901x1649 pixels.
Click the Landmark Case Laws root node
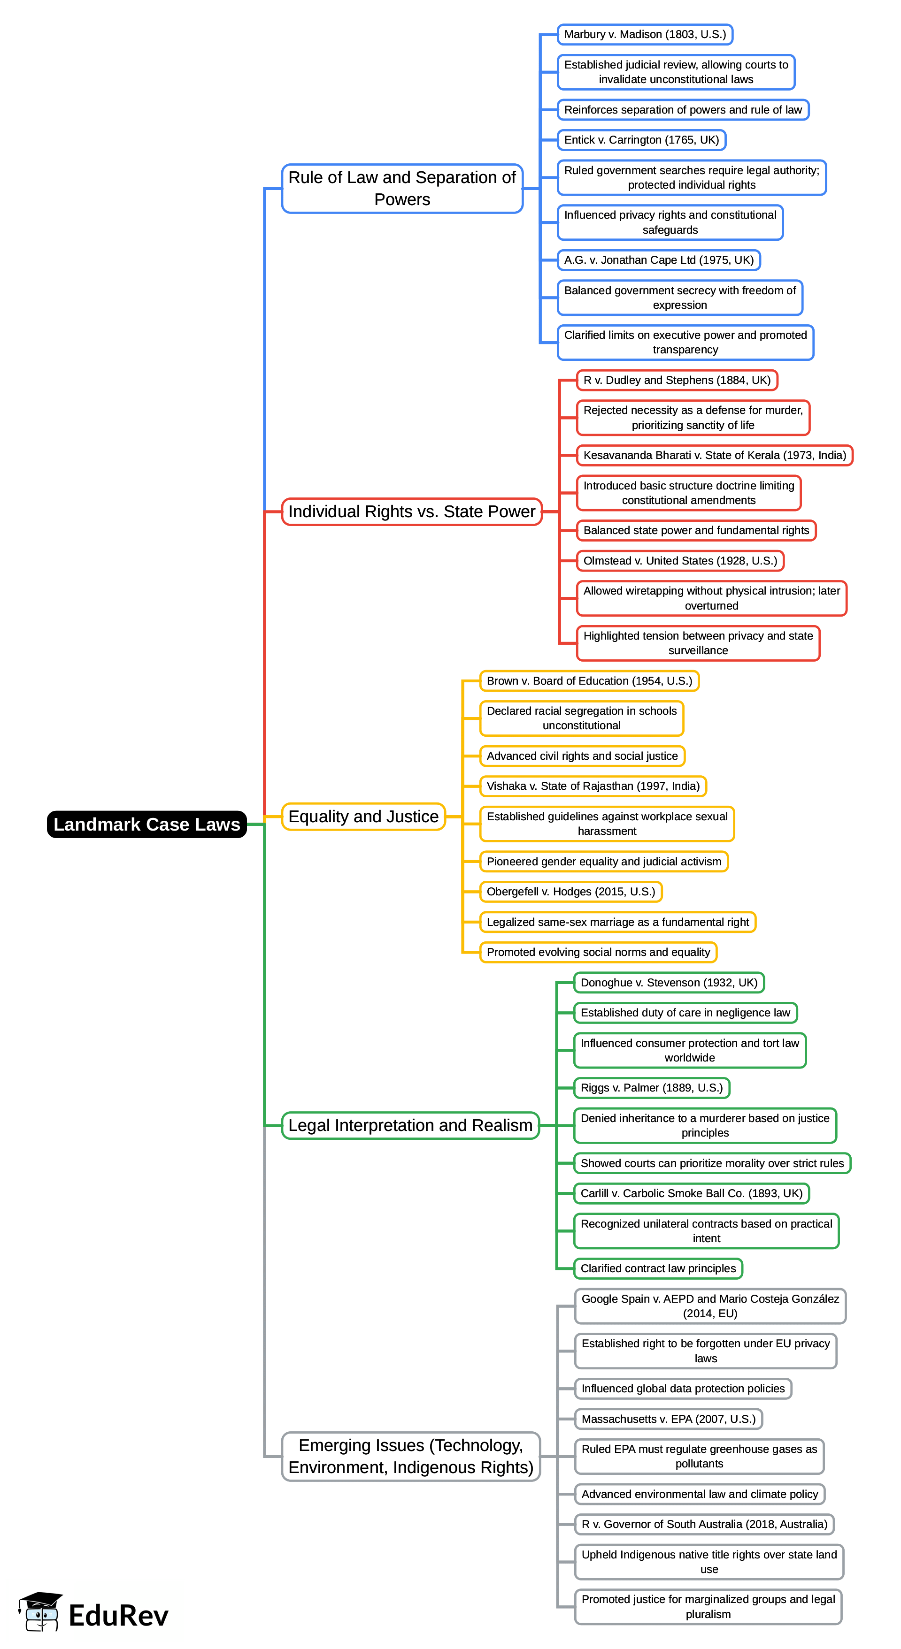click(x=146, y=824)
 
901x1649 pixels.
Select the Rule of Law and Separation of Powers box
click(x=402, y=188)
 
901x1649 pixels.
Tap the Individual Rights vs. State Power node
click(x=412, y=511)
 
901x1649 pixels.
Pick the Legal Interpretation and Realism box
click(x=410, y=1125)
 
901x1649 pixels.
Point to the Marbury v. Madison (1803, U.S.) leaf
click(x=645, y=35)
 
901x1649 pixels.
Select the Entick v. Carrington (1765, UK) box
click(x=641, y=139)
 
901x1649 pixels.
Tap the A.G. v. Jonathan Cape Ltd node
click(x=658, y=260)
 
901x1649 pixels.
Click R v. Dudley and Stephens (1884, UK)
click(x=677, y=380)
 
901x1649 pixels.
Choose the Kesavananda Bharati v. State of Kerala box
click(x=714, y=455)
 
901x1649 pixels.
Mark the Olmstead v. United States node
click(x=680, y=561)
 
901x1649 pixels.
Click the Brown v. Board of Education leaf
click(x=589, y=680)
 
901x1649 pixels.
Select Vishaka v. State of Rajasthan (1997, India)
click(x=593, y=786)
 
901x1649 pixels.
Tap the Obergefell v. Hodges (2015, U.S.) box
click(x=570, y=891)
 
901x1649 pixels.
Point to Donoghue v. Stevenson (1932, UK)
click(x=669, y=982)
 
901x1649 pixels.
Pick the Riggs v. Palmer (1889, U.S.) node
click(x=651, y=1088)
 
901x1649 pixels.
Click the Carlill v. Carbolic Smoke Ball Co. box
click(x=691, y=1193)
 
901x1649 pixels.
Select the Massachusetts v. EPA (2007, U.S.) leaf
click(x=668, y=1419)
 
